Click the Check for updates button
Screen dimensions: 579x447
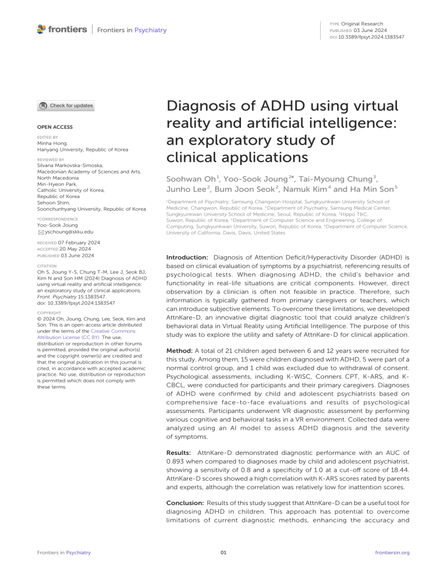coord(65,105)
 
